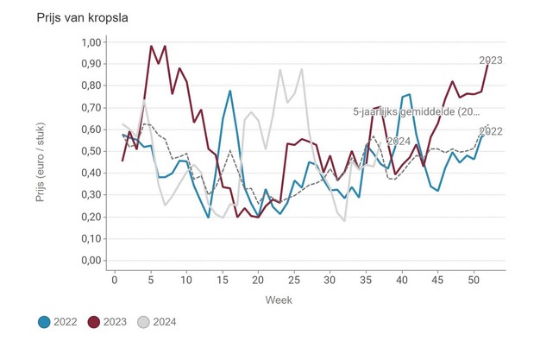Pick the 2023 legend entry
tap(111, 322)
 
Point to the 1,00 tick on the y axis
tap(91, 42)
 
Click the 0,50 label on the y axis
tap(91, 151)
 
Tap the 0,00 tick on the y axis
tap(91, 261)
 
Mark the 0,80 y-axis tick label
tap(91, 85)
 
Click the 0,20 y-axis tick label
tap(91, 217)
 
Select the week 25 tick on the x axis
tap(294, 279)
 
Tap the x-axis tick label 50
tap(473, 279)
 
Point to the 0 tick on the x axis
tap(115, 279)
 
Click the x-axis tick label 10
tap(186, 279)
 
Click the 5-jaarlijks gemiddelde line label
tap(417, 112)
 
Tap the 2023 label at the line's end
tap(491, 60)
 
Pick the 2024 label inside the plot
tap(399, 142)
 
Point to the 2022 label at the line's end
tap(491, 132)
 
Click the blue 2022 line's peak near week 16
tap(230, 91)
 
